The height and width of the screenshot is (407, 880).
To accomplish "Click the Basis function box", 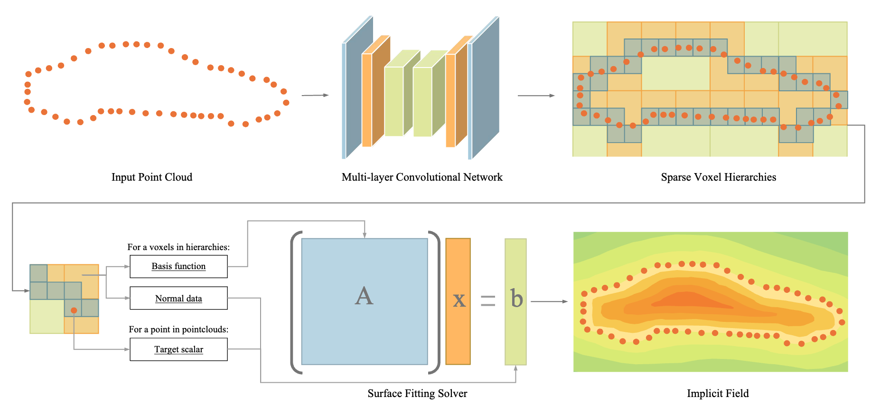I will (x=178, y=266).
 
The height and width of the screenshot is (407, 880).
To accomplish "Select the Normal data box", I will (x=178, y=298).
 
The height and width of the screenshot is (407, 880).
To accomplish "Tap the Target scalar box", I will (x=178, y=349).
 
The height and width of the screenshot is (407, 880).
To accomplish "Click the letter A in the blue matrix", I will (x=364, y=296).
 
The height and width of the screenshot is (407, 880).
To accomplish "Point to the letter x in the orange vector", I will (x=459, y=300).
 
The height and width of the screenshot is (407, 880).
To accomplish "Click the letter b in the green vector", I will (x=516, y=299).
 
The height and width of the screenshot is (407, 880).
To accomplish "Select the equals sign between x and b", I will (x=488, y=300).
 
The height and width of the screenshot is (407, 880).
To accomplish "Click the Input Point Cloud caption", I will (x=152, y=177).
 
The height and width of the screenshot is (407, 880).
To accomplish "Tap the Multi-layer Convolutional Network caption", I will (x=422, y=177).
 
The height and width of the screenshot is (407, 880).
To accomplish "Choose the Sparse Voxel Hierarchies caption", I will (x=718, y=177).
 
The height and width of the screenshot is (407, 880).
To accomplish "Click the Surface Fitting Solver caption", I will (x=417, y=394).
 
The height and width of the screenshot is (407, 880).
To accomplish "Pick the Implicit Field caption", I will (x=718, y=394).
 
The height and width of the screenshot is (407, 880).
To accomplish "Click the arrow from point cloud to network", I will (x=315, y=95).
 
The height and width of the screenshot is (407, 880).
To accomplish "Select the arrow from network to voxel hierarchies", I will (x=536, y=96).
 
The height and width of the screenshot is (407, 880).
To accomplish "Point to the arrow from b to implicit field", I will (x=549, y=301).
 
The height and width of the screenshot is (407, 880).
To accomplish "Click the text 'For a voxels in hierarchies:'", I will (x=178, y=247).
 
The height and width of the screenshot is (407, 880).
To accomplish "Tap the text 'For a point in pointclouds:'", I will (x=178, y=329).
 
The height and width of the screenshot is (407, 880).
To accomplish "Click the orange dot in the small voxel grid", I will (x=74, y=310).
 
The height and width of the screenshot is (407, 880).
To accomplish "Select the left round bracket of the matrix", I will (x=295, y=302).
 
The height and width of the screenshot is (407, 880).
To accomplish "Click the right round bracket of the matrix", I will (x=435, y=302).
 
